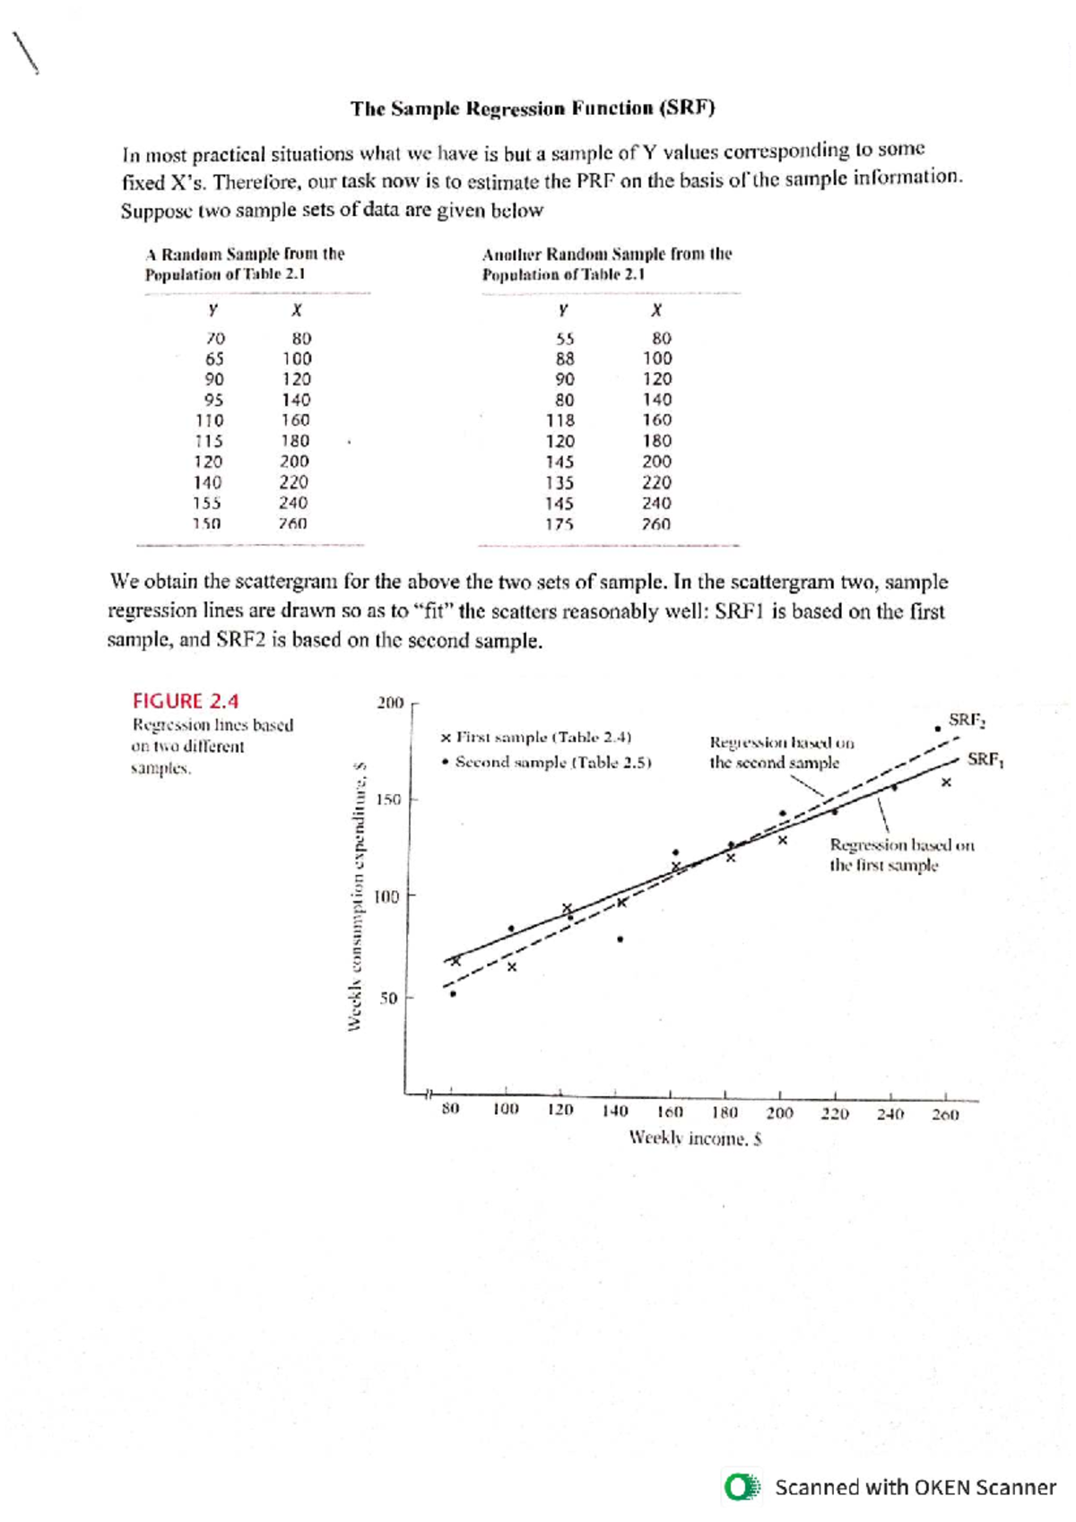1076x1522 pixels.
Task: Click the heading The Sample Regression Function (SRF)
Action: click(533, 109)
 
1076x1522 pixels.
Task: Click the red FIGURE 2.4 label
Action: click(186, 701)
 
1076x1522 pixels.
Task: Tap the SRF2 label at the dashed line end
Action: click(968, 720)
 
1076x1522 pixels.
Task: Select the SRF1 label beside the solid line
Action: click(985, 760)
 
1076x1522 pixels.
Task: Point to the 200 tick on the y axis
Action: click(390, 703)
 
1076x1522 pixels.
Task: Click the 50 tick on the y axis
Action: click(388, 998)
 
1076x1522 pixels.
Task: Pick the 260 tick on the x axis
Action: click(945, 1114)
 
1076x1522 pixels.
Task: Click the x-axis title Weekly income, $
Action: click(695, 1138)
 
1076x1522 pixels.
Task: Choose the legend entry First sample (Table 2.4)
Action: click(536, 738)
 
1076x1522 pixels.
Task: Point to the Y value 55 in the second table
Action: click(564, 339)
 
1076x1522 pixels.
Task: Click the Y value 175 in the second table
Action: click(560, 524)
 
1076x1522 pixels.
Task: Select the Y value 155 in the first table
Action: click(207, 504)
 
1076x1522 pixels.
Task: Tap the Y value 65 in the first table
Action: click(214, 359)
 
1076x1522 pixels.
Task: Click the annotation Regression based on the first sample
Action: click(901, 855)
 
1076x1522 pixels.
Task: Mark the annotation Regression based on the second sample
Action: click(781, 753)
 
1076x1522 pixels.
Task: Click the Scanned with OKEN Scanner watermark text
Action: click(915, 1487)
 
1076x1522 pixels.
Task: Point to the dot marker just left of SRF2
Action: click(937, 729)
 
